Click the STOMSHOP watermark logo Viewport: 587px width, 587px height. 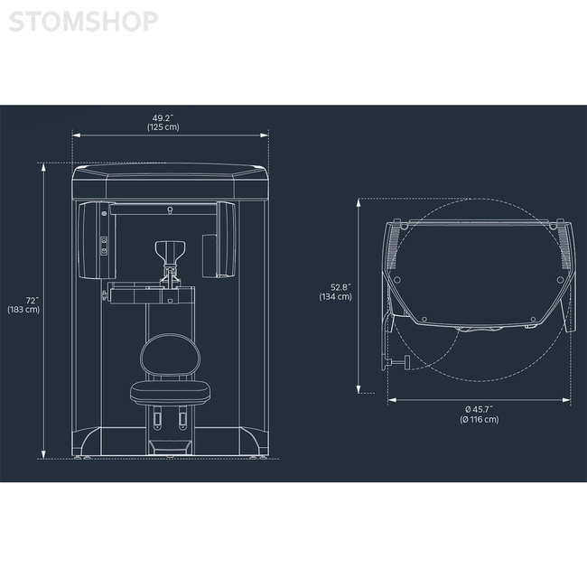point(83,22)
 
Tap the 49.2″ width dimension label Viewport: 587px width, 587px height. point(163,118)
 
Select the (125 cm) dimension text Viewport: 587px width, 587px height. point(163,127)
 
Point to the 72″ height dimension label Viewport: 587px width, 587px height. point(33,301)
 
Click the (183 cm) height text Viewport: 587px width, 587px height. point(23,310)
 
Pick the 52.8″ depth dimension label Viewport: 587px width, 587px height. point(340,287)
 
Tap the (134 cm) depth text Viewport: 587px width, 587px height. point(335,297)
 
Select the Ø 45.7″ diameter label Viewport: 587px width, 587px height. point(480,410)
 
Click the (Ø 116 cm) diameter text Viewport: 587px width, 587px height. point(480,420)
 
